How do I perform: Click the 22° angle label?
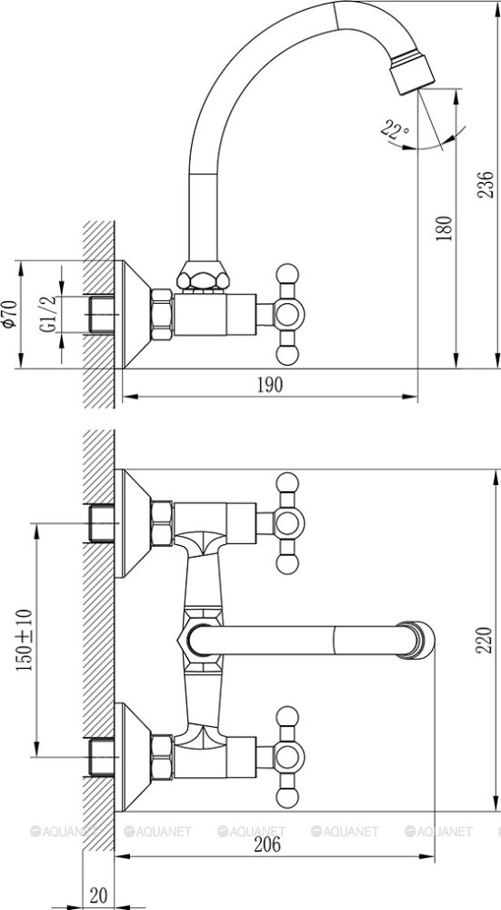tap(395, 129)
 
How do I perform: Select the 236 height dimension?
tap(486, 185)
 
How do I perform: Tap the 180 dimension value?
tap(444, 228)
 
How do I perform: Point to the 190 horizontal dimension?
tap(270, 385)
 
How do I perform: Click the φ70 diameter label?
tap(9, 314)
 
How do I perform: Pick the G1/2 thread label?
tap(48, 314)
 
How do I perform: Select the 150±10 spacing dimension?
tap(24, 640)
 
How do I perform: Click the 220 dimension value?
tap(485, 640)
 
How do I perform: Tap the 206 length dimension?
tap(267, 844)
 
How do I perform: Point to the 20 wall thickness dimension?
tap(98, 893)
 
